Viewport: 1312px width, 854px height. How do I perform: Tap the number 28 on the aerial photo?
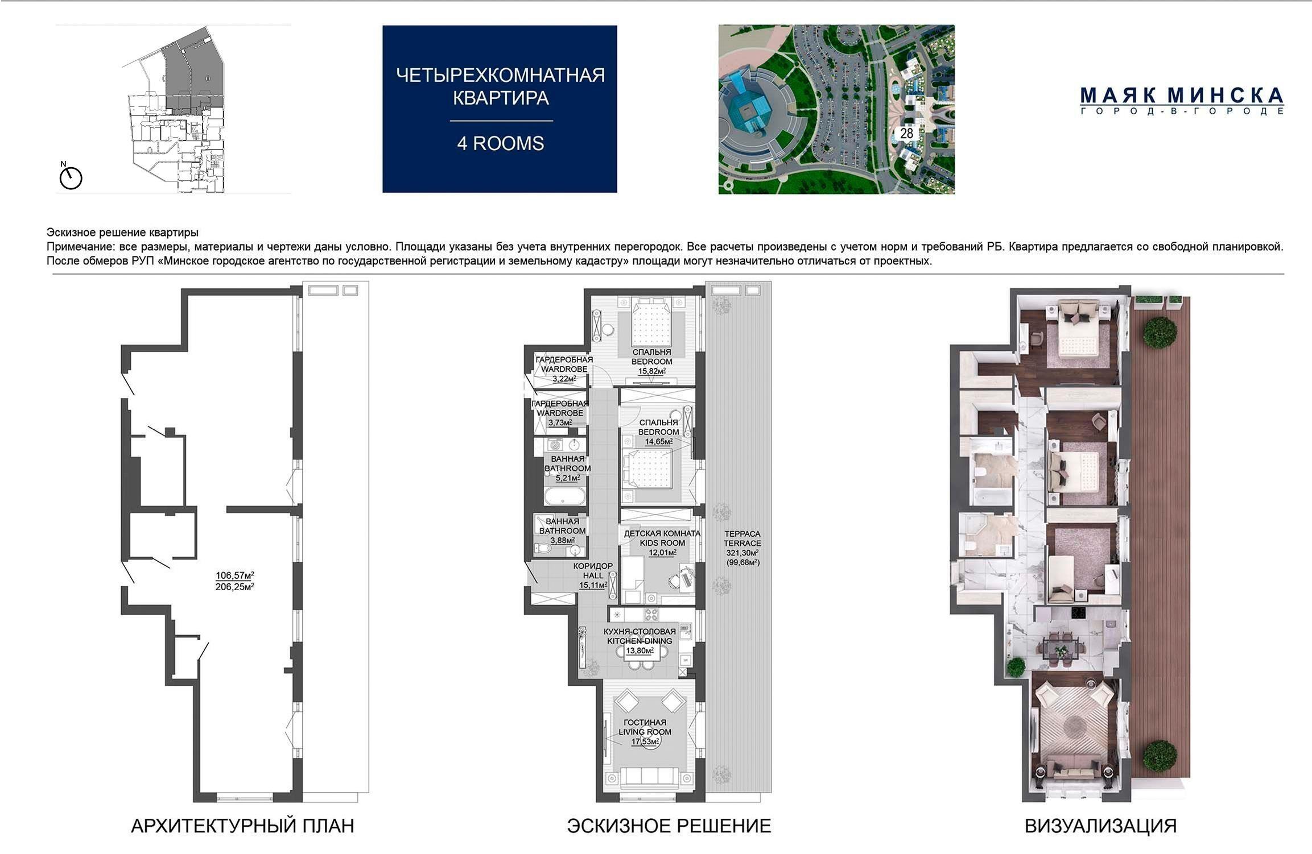coord(906,133)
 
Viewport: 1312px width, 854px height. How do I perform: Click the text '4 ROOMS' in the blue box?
coord(501,143)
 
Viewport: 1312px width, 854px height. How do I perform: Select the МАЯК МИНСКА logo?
coord(1182,101)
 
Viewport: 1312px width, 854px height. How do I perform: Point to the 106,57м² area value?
coord(234,575)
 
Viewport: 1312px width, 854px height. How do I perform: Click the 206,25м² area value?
coord(234,587)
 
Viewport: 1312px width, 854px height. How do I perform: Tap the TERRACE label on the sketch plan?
coord(742,543)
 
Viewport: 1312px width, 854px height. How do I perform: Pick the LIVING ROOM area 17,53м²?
coord(645,741)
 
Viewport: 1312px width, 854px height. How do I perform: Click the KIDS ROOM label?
coord(662,543)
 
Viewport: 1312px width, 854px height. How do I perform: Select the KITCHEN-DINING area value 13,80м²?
coord(640,650)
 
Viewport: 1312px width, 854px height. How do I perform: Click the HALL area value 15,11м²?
coord(593,585)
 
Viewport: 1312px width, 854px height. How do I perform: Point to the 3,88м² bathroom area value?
coord(562,540)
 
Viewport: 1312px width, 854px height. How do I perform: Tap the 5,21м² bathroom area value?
coord(568,478)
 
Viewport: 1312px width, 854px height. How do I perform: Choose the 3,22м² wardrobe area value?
coord(564,379)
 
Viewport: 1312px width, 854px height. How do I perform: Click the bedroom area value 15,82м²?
coord(652,371)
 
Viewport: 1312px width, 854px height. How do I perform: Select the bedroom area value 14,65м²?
coord(658,442)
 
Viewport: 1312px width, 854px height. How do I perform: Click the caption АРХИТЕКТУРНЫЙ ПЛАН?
coord(242,826)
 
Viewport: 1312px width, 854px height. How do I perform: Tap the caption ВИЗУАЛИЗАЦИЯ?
coord(1100,826)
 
